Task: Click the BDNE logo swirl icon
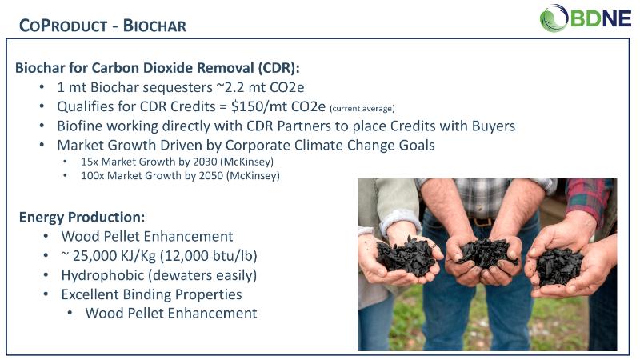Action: point(554,18)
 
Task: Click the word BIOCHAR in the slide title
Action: point(154,26)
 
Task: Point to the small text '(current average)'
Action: point(362,109)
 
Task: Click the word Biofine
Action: point(79,126)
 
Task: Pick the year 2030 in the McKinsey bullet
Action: point(205,162)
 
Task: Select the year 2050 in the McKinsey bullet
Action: point(211,175)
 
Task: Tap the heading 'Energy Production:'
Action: point(82,217)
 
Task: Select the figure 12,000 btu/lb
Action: point(209,256)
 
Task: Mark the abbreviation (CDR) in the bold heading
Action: point(278,68)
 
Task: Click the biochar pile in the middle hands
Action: point(486,253)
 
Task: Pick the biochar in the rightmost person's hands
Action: point(558,266)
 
